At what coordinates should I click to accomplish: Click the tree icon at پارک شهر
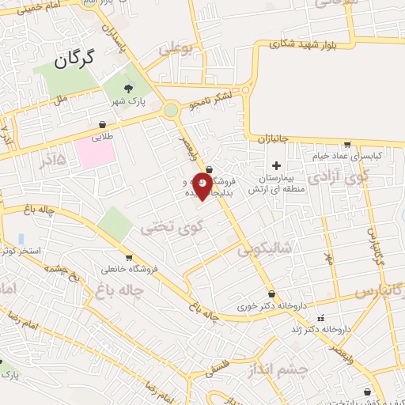coord(129,87)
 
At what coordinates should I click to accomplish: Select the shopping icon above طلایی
coord(102,124)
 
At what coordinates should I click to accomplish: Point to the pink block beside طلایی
coord(95,153)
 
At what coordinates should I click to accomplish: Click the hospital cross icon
coord(276,165)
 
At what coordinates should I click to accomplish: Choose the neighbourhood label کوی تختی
coord(172,227)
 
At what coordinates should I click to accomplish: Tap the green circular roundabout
coord(171,111)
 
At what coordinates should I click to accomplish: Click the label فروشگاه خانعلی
coord(130,269)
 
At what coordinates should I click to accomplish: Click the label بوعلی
coord(176,48)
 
